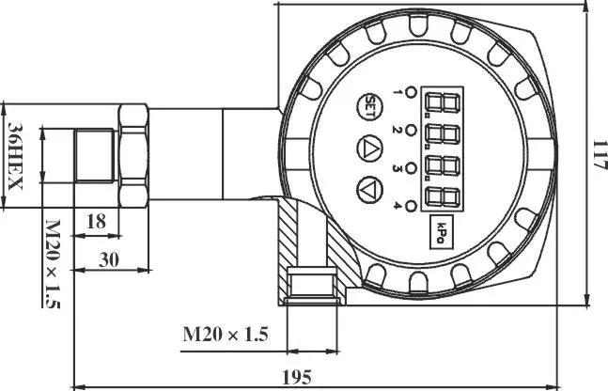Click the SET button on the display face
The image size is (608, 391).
pyautogui.click(x=369, y=106)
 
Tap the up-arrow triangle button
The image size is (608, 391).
pyautogui.click(x=369, y=149)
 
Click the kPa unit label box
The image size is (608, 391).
pyautogui.click(x=442, y=231)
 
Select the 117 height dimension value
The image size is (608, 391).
pyautogui.click(x=600, y=155)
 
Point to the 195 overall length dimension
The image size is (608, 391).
pyautogui.click(x=296, y=377)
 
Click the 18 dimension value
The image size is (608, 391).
pyautogui.click(x=96, y=222)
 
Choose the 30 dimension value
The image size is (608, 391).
pyautogui.click(x=109, y=259)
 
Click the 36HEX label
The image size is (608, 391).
pyautogui.click(x=15, y=156)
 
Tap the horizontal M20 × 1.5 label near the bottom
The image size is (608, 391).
pyautogui.click(x=226, y=334)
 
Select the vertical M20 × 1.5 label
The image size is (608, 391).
pyautogui.click(x=53, y=264)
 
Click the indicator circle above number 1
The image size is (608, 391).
pyautogui.click(x=411, y=93)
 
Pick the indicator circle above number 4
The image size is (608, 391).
pyautogui.click(x=411, y=206)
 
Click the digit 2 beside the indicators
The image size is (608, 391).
pyautogui.click(x=396, y=129)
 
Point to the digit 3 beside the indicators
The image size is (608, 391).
pyautogui.click(x=397, y=168)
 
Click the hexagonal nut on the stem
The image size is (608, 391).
pyautogui.click(x=133, y=155)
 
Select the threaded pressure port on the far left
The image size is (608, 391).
pyautogui.click(x=95, y=155)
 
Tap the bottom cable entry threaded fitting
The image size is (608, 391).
pyautogui.click(x=312, y=286)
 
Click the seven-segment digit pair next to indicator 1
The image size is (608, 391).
pyautogui.click(x=443, y=103)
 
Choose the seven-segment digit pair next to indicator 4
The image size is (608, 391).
pyautogui.click(x=443, y=197)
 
